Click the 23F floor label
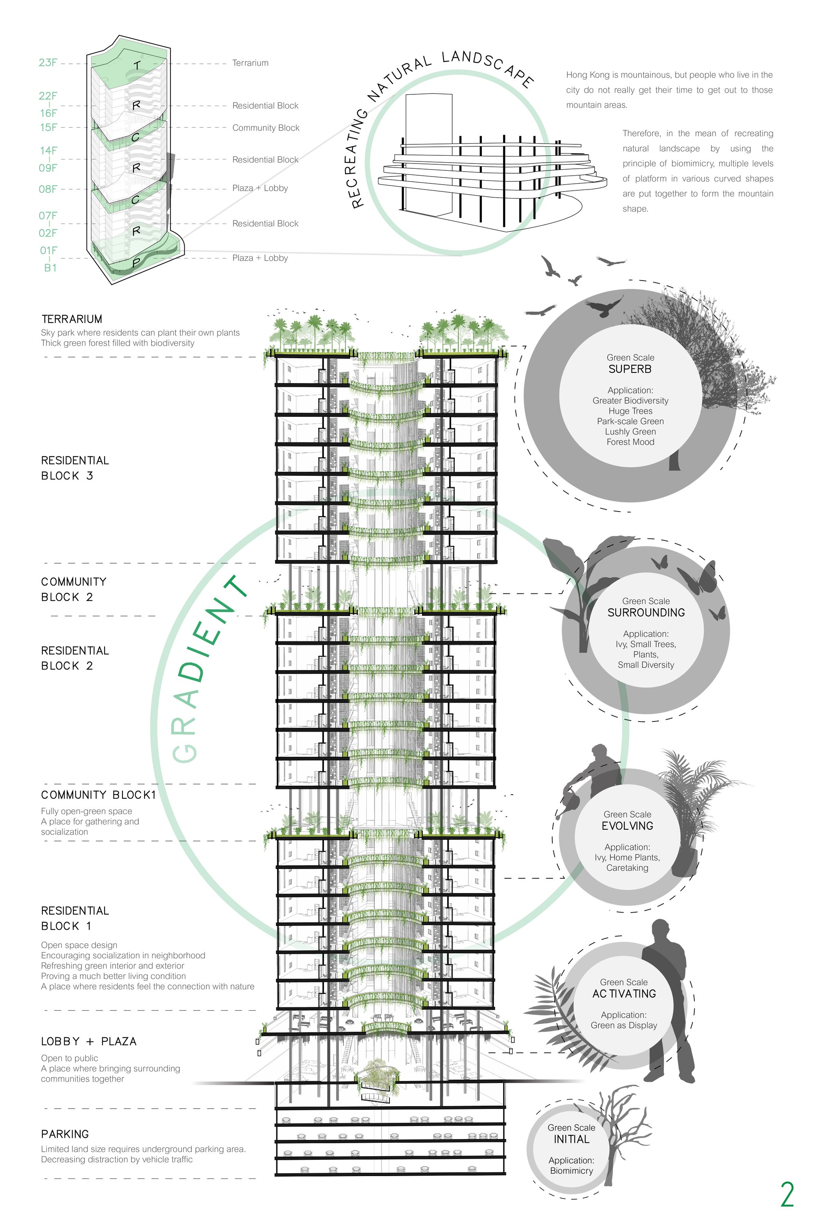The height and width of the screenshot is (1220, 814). (x=48, y=63)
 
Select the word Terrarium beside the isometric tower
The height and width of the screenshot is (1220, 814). (x=250, y=63)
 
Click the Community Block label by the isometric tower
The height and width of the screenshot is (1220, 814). (x=266, y=128)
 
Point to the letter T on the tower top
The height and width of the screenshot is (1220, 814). (x=136, y=65)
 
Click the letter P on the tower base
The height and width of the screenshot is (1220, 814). (x=136, y=263)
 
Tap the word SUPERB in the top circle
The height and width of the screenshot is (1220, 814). (x=630, y=369)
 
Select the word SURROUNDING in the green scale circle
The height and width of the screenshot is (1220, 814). (x=646, y=612)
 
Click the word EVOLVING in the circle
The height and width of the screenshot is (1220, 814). (x=627, y=826)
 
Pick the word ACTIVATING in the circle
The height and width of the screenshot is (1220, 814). (x=624, y=993)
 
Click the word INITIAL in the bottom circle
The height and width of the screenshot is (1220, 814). (x=571, y=1139)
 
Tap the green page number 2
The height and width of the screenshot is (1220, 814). (x=787, y=1195)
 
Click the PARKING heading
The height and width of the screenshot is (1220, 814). (x=65, y=1134)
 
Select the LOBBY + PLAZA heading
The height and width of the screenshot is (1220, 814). (x=89, y=1041)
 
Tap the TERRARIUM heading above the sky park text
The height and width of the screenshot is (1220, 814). (x=72, y=319)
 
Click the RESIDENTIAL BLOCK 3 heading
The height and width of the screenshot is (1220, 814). (x=75, y=468)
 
